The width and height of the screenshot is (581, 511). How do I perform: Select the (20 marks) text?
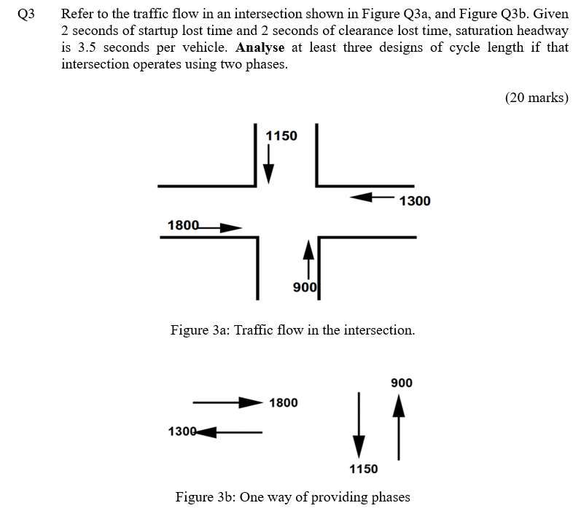[x=536, y=98]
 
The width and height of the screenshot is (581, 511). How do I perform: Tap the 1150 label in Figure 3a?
[x=281, y=136]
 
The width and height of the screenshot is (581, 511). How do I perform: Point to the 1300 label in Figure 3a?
[x=415, y=200]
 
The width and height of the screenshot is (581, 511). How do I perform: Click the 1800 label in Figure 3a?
[x=182, y=225]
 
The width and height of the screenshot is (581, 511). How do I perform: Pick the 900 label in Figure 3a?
[x=304, y=287]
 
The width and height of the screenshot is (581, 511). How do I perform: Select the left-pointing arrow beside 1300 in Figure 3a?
[x=373, y=197]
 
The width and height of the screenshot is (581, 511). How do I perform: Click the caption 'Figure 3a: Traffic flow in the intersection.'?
[x=292, y=330]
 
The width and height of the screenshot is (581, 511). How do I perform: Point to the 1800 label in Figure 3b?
[x=283, y=402]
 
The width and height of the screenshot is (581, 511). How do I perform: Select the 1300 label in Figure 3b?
[x=182, y=431]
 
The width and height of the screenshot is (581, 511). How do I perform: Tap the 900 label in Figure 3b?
[x=402, y=383]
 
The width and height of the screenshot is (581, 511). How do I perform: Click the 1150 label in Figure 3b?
[x=364, y=469]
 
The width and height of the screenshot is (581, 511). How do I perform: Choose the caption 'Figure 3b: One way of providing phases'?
[x=292, y=497]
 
